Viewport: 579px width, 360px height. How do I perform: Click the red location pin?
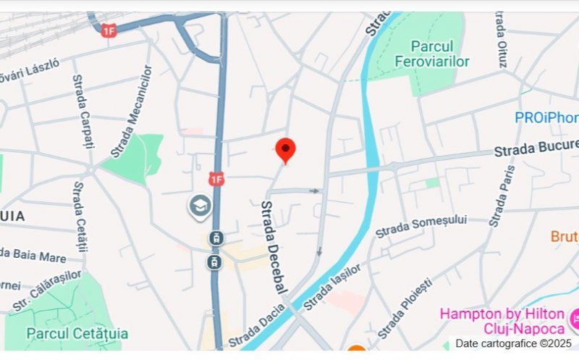[287, 150]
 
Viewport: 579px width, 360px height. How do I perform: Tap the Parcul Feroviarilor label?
[432, 54]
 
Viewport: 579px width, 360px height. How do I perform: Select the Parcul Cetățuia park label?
[77, 333]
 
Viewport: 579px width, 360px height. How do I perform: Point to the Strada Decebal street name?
[273, 247]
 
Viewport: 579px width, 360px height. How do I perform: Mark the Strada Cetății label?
[80, 217]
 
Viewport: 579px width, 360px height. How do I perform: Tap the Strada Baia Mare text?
[33, 255]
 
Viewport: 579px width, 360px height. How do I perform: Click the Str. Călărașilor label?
[47, 290]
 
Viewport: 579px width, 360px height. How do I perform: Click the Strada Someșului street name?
[421, 225]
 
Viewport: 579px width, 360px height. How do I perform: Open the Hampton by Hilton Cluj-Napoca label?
[502, 321]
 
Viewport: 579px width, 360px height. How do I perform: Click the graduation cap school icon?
[200, 206]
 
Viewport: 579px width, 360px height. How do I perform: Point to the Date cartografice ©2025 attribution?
[513, 343]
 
